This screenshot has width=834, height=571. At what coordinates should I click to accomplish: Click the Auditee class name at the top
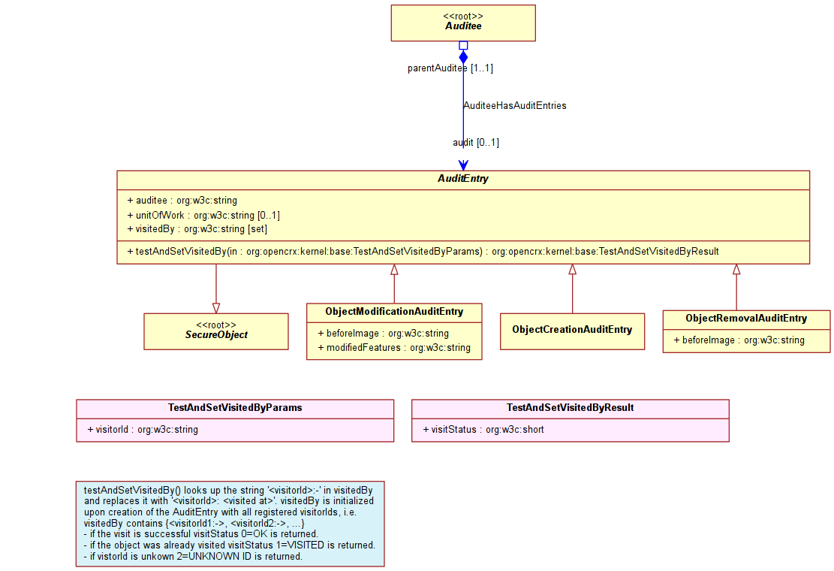463,26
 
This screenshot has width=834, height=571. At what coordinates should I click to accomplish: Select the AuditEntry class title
462,179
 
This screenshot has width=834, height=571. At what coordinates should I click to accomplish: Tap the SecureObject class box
216,331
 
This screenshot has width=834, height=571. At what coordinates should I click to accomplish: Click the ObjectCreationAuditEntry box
572,331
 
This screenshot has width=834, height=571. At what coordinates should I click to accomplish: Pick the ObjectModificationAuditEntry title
394,312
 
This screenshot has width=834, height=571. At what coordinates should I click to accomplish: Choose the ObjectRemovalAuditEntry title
746,319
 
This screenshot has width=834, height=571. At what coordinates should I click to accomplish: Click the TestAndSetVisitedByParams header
235,408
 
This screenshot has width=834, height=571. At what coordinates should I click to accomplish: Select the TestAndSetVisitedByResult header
571,408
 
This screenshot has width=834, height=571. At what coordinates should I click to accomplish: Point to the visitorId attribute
143,430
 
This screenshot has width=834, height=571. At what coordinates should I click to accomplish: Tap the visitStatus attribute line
483,430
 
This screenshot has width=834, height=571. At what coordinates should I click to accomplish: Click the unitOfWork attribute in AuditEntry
203,215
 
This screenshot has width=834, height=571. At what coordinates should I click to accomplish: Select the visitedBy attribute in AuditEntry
197,229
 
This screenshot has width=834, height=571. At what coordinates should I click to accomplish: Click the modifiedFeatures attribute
394,348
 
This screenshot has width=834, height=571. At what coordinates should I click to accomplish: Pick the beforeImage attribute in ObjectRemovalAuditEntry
739,340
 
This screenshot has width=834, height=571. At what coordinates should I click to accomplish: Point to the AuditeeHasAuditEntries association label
515,105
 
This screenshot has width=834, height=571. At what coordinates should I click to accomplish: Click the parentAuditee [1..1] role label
450,68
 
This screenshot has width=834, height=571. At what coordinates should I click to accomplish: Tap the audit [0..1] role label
476,143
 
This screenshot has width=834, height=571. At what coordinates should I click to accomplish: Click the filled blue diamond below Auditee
463,57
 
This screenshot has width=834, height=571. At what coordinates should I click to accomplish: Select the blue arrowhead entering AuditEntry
463,165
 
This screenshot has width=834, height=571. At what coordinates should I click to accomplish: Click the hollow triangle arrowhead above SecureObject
216,308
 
